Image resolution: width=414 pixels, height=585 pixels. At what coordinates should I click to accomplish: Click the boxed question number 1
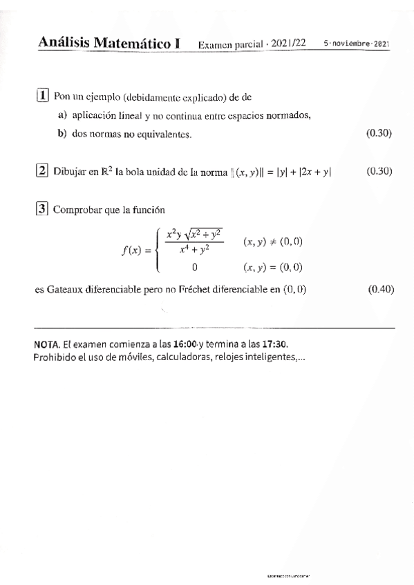click(x=41, y=97)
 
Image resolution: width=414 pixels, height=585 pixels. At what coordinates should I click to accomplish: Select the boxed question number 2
click(x=41, y=170)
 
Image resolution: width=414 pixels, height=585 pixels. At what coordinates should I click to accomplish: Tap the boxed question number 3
click(x=41, y=209)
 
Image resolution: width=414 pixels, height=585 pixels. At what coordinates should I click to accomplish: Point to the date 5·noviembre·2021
click(x=357, y=43)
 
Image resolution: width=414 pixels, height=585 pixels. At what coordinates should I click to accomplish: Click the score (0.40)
click(x=381, y=289)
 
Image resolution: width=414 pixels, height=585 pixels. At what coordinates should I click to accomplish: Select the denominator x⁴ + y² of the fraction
click(x=194, y=252)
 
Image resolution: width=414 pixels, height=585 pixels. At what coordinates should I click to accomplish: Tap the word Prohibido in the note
click(x=55, y=357)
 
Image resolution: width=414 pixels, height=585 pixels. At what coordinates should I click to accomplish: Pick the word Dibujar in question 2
click(x=68, y=171)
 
